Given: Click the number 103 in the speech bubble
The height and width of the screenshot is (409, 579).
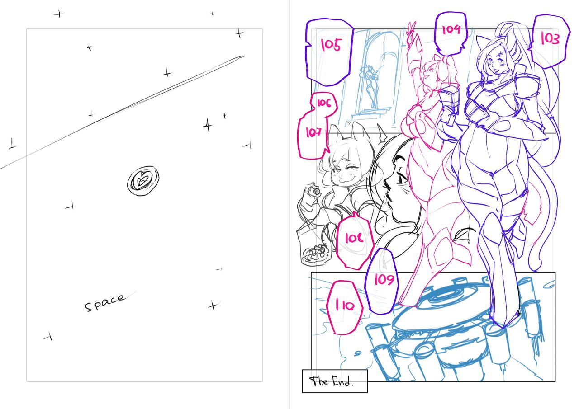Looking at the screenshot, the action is coord(550,39).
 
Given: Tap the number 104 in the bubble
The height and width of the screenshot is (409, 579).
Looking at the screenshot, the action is coord(451,29).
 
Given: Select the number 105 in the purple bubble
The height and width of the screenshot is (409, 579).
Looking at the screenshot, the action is coord(331,45).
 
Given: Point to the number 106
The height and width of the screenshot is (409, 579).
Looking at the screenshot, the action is coord(324,103).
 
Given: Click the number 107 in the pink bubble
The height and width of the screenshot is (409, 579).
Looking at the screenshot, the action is coord(313,133).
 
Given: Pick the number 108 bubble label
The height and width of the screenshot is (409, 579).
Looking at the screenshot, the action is coord(354,238).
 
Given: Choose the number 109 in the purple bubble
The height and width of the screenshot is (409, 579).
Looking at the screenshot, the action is coord(384,279).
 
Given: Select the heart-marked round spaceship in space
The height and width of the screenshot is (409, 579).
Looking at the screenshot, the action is coord(143,180).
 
